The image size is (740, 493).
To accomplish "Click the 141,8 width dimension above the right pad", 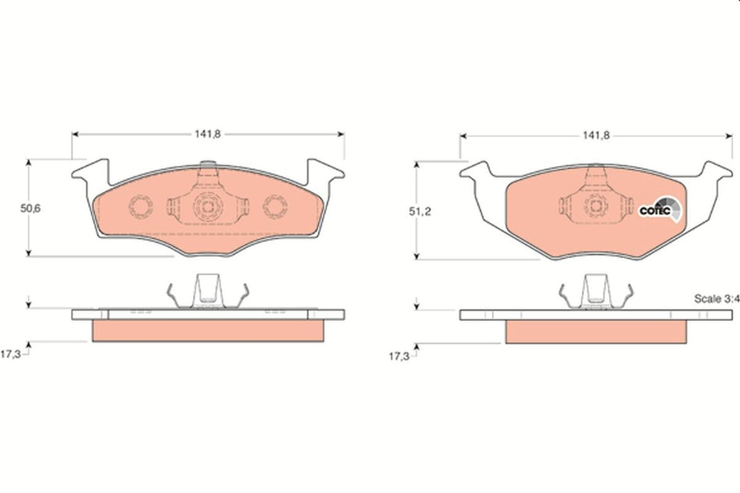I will click(x=595, y=136).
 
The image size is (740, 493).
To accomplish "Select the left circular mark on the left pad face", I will click(x=140, y=206).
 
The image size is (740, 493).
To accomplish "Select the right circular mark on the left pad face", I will click(x=275, y=206).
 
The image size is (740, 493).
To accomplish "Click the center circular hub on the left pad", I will click(x=207, y=206).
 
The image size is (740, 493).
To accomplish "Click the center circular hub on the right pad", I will click(x=595, y=206).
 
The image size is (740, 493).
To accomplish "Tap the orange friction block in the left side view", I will click(x=207, y=331).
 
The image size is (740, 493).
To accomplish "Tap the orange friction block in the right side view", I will click(x=596, y=331).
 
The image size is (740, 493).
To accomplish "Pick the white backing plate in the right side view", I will click(x=596, y=315).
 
